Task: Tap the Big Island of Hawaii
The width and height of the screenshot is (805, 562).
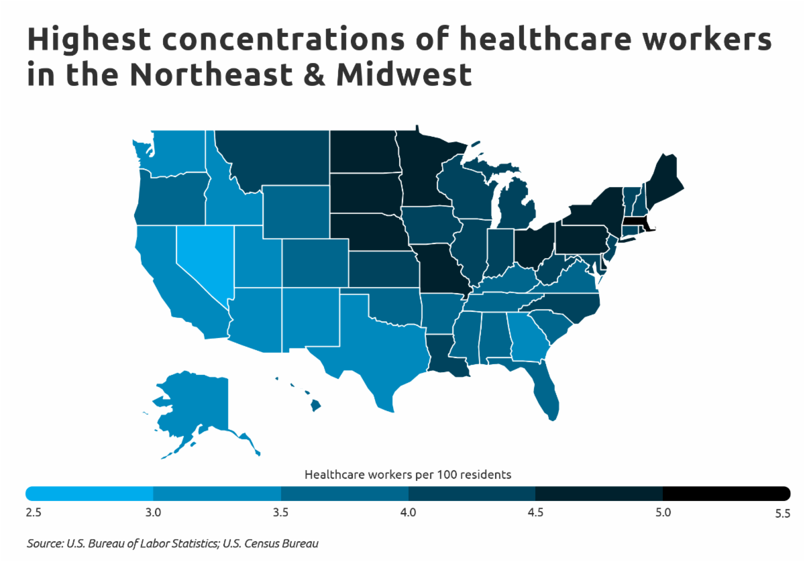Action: pyautogui.click(x=315, y=405)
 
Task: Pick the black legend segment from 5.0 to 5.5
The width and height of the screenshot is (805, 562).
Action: pyautogui.click(x=724, y=494)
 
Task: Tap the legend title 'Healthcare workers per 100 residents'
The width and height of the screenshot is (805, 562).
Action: pyautogui.click(x=408, y=474)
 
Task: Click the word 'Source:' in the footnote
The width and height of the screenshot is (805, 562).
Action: pyautogui.click(x=46, y=543)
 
